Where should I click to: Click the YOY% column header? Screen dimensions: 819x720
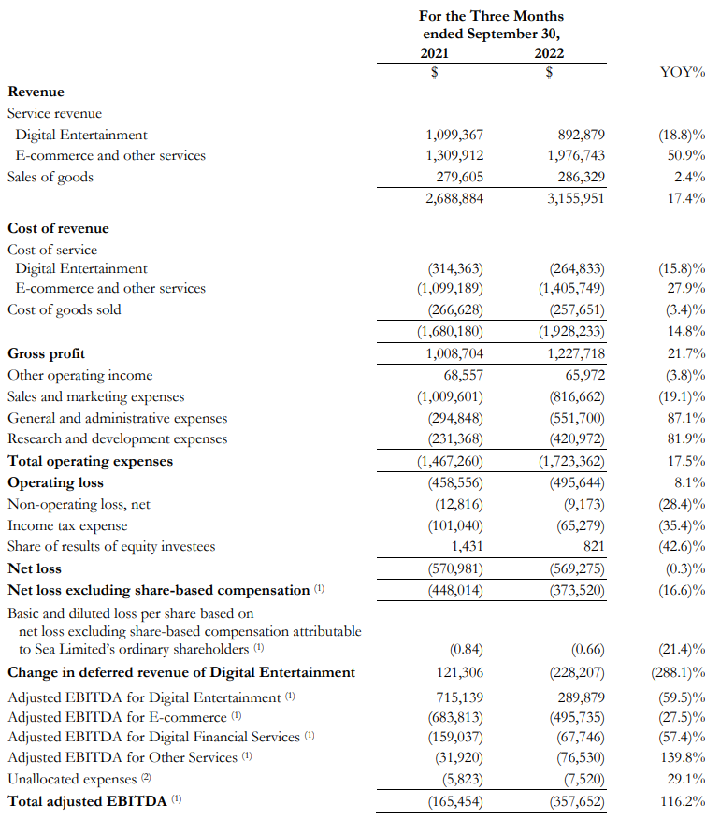[x=682, y=70]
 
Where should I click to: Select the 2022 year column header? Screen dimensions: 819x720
[x=549, y=53]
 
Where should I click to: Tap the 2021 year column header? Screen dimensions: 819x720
[x=435, y=53]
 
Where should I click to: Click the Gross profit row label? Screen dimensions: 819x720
[x=46, y=353]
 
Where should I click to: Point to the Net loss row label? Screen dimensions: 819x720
[x=35, y=568]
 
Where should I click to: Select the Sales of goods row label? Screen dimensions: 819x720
[x=50, y=177]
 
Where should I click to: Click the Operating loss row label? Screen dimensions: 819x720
[x=55, y=482]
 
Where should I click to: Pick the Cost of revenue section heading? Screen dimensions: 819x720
[x=58, y=228]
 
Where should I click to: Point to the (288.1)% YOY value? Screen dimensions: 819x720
[x=679, y=672]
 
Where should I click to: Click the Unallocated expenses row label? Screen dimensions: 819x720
[x=71, y=779]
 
